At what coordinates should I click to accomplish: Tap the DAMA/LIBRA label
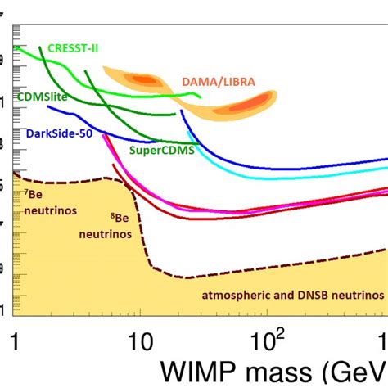[x=217, y=82]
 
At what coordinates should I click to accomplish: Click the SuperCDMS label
[x=156, y=150]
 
